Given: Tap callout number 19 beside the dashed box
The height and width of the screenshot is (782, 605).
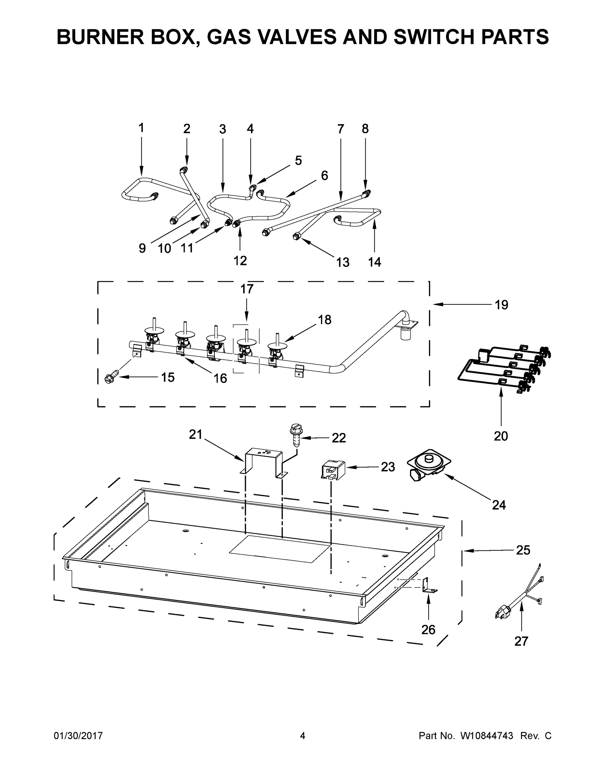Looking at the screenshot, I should (x=501, y=305).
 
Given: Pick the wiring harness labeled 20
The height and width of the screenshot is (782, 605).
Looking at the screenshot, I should (x=504, y=369).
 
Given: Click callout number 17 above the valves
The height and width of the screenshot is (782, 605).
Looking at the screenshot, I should (x=247, y=289).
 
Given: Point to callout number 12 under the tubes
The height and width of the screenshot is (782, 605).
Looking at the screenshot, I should (x=240, y=261).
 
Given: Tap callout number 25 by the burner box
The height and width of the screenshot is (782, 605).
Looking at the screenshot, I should (x=523, y=550).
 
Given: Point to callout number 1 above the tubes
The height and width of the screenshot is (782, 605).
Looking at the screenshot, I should (x=141, y=128).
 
